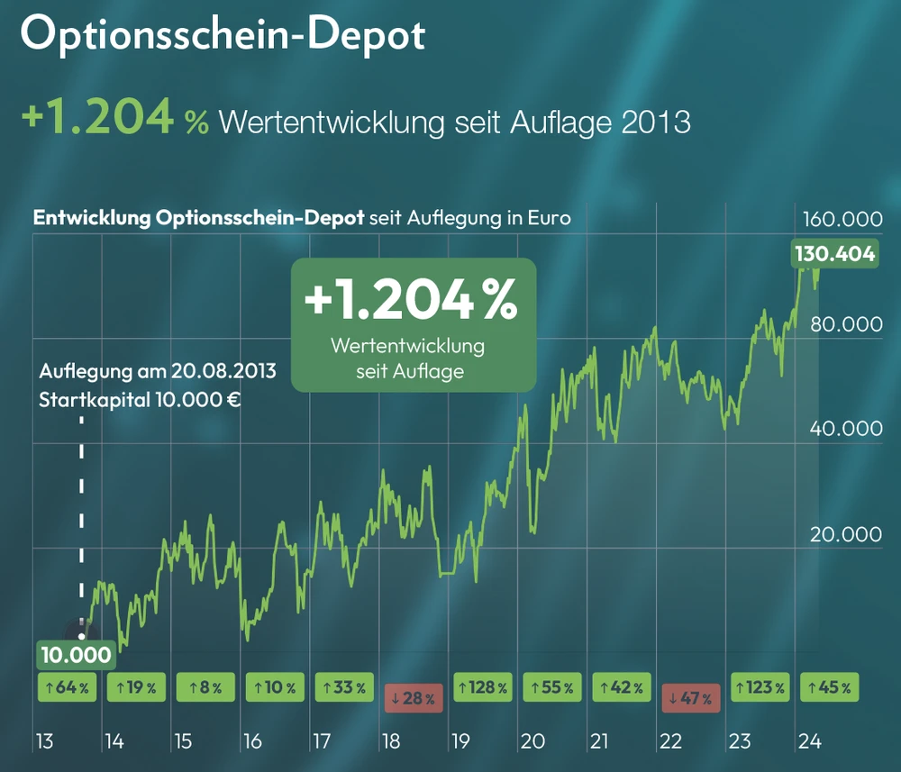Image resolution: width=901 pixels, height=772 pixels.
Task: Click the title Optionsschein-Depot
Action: point(222,36)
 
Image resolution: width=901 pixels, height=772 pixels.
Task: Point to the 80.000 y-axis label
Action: point(845,324)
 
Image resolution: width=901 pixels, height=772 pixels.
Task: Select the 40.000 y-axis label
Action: point(845,429)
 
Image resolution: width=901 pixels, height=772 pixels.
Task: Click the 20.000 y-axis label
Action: point(845,534)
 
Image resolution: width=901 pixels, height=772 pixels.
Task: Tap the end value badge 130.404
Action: point(833,254)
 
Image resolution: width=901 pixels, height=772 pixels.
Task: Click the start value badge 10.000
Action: point(76,654)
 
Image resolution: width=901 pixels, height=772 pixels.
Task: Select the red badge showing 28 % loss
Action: point(414,697)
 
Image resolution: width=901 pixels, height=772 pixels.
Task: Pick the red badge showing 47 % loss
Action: point(691,697)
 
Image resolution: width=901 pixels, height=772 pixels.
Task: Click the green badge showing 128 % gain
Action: point(483,687)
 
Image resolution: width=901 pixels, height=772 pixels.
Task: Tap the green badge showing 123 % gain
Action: point(760,687)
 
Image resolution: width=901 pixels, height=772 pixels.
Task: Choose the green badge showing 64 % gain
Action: point(66,687)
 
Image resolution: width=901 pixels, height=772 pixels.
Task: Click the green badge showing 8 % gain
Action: point(205,687)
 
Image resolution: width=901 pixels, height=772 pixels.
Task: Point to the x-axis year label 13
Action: point(44,741)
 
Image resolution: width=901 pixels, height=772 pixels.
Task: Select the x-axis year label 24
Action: point(809,741)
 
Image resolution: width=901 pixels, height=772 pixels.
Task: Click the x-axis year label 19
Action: point(460,741)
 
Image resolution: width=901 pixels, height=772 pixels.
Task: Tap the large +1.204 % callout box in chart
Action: point(413,324)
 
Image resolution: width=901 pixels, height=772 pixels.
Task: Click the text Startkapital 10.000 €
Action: point(140,399)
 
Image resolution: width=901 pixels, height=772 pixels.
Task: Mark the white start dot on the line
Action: point(82,634)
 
